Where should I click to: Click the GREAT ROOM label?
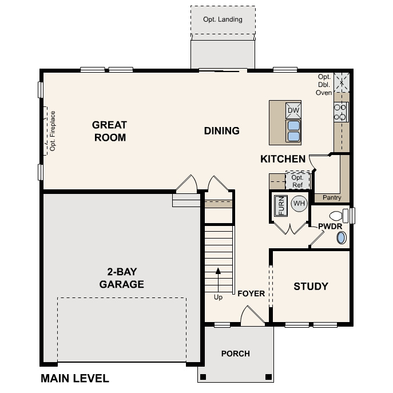pos(109,131)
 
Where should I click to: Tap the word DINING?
pos(222,131)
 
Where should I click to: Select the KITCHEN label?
pos(283,159)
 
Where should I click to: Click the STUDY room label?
pos(311,286)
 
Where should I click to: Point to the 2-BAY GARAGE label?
pos(121,279)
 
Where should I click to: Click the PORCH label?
pos(236,354)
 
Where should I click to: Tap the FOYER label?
pos(251,294)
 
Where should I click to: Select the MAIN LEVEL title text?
pos(74,378)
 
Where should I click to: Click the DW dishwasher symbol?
pos(293,110)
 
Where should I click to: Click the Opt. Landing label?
pos(223,19)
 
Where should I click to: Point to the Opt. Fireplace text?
pos(52,131)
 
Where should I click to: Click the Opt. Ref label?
pos(297,181)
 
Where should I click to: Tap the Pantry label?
pos(332,198)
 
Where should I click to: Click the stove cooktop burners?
pos(341,111)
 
